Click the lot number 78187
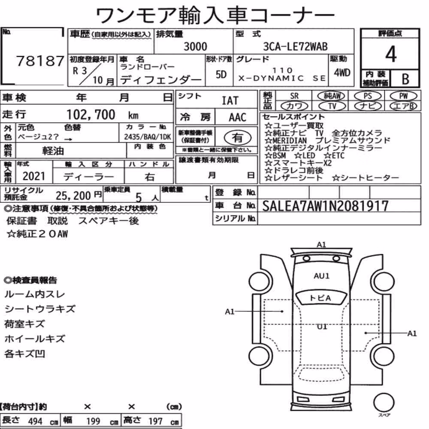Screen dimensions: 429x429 click(x=40, y=61)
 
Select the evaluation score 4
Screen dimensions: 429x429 click(x=391, y=54)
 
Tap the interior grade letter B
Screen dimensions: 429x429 click(x=405, y=79)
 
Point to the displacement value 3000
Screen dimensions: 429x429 click(x=195, y=46)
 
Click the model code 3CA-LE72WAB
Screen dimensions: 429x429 click(x=295, y=46)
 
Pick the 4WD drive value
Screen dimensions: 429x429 click(x=342, y=73)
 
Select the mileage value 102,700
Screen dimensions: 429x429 click(x=91, y=115)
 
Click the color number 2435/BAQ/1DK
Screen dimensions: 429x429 click(x=148, y=136)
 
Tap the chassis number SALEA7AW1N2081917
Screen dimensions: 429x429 click(x=325, y=206)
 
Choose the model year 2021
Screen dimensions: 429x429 click(x=33, y=176)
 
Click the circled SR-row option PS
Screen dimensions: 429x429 click(x=368, y=96)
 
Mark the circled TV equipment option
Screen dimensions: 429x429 click(x=332, y=106)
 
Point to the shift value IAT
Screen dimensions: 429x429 click(x=230, y=101)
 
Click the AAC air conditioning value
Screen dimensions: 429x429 click(x=237, y=118)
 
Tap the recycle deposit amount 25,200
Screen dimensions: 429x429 click(x=73, y=195)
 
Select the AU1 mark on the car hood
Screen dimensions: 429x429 click(x=321, y=276)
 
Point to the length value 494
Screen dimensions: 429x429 click(x=35, y=421)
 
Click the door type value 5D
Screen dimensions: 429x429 click(x=221, y=74)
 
